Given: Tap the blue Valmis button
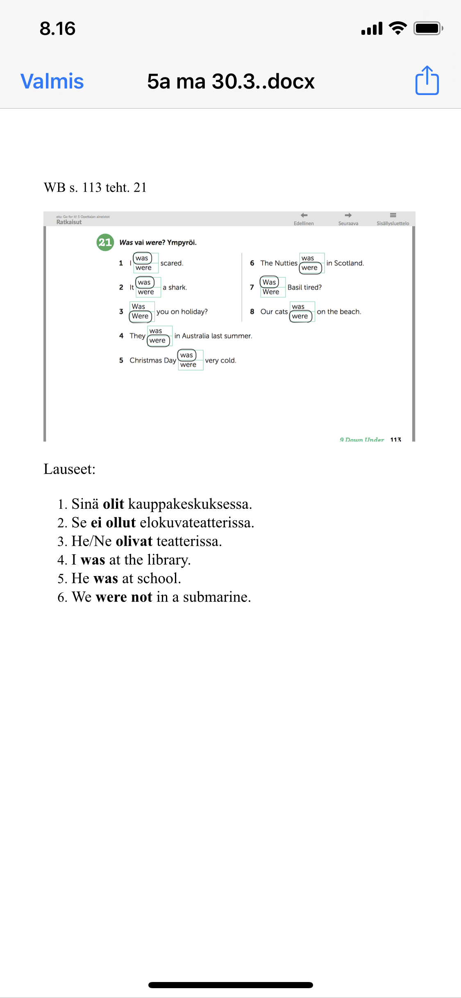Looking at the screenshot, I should pos(52,81).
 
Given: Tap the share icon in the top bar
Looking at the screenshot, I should pos(427,81).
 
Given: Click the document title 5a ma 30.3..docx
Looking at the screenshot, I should pos(231,81).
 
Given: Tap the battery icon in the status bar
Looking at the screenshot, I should pos(428,28).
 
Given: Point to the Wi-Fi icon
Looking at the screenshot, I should pos(397,28).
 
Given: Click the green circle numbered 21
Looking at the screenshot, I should pos(105,242).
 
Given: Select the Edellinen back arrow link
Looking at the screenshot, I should pos(304,219).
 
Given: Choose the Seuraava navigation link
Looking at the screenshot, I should pos(348,219).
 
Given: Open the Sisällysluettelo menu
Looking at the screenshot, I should pos(393,219).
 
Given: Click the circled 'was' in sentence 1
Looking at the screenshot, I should pos(142,258).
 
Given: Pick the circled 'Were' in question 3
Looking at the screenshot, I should pos(140,316).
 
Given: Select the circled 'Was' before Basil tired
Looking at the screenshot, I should pos(269,282).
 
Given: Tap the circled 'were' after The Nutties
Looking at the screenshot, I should pos(310,268).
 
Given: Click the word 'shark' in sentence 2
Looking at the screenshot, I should pos(177,287).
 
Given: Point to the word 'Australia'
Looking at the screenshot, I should pos(195,336).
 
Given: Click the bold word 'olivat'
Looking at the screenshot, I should pos(134,541).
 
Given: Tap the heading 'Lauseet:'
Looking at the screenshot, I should pos(69,469).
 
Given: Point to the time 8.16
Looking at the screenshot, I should pos(57,29).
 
